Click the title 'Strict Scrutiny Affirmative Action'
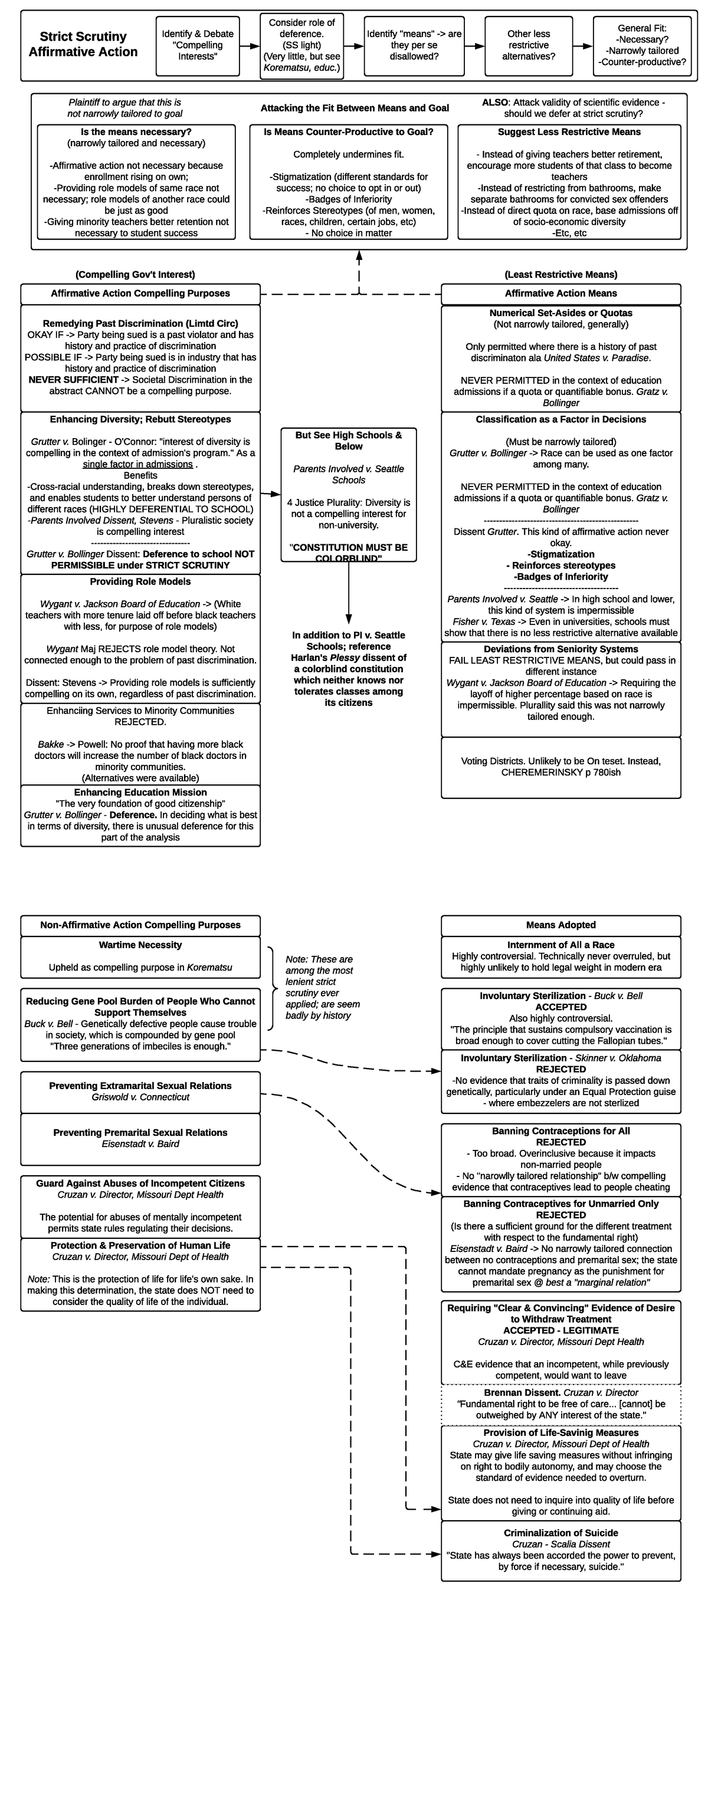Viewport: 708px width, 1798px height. point(83,44)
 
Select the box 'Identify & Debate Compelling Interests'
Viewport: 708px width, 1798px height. point(198,45)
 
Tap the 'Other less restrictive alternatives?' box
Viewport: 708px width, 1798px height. point(529,45)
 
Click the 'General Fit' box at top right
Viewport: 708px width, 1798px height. point(642,45)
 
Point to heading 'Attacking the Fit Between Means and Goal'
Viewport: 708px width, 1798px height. point(355,108)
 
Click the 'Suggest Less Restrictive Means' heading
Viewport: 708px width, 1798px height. point(568,132)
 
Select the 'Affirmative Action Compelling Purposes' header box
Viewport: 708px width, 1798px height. point(140,294)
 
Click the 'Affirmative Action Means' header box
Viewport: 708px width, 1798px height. point(560,294)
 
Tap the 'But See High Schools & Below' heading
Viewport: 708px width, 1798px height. point(349,441)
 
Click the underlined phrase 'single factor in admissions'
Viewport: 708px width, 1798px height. point(137,464)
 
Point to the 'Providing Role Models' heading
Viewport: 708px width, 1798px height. point(140,582)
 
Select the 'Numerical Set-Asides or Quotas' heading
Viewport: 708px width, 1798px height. point(560,313)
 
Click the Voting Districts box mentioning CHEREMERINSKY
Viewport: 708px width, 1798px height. point(560,767)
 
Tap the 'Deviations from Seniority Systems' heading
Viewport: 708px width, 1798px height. point(560,649)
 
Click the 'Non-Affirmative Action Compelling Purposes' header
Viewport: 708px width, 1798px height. point(140,925)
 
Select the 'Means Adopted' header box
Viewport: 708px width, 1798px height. point(560,925)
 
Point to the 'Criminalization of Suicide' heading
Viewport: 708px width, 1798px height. point(560,1533)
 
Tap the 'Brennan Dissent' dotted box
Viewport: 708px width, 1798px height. point(560,1403)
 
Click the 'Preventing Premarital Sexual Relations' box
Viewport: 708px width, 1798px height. point(140,1138)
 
